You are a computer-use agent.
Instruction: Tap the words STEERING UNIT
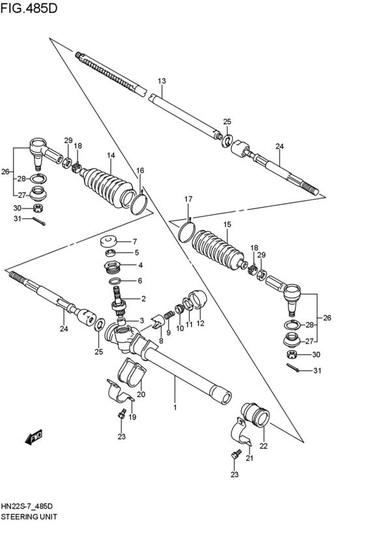pos(29,515)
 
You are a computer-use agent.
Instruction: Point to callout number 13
pos(162,81)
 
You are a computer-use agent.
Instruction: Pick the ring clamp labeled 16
pos(138,202)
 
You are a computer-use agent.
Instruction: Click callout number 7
pos(136,241)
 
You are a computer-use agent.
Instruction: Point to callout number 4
pos(139,265)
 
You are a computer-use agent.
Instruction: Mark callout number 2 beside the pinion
pos(143,299)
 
